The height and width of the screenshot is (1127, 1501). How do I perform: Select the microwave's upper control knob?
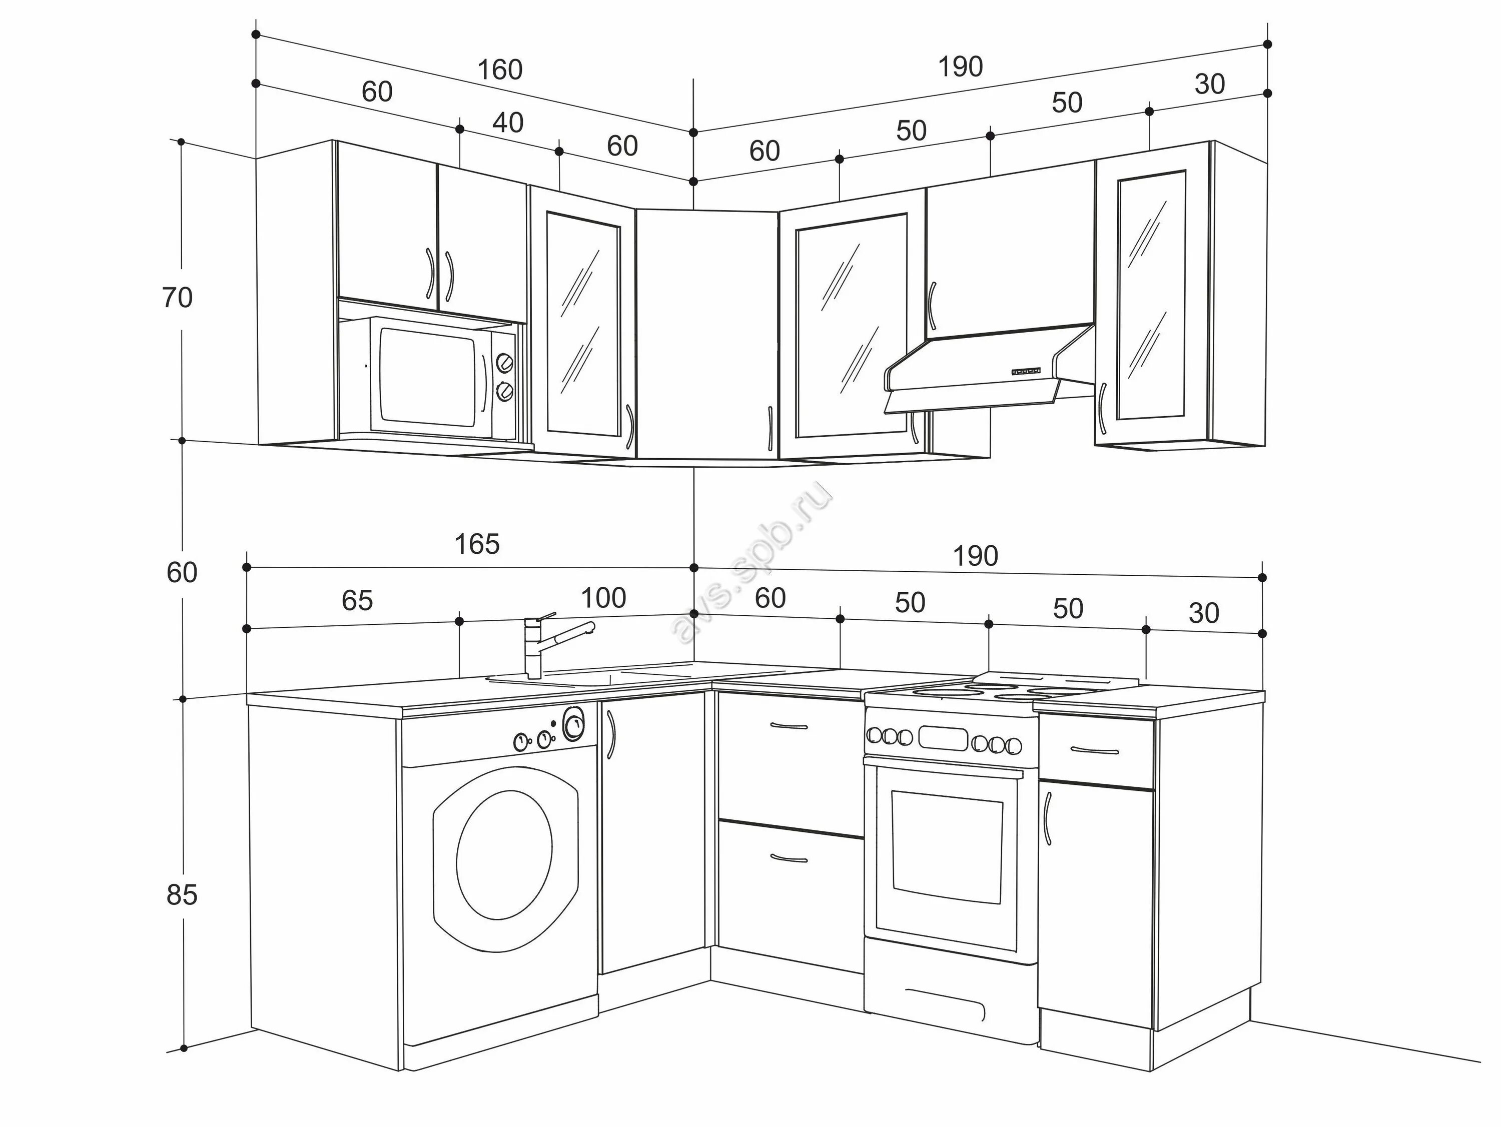click(504, 363)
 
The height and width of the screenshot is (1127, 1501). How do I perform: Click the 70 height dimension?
click(177, 298)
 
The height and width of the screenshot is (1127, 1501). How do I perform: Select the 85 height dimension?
click(181, 895)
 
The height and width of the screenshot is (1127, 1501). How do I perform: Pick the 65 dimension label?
click(357, 600)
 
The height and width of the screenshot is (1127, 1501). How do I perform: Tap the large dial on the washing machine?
click(573, 724)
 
